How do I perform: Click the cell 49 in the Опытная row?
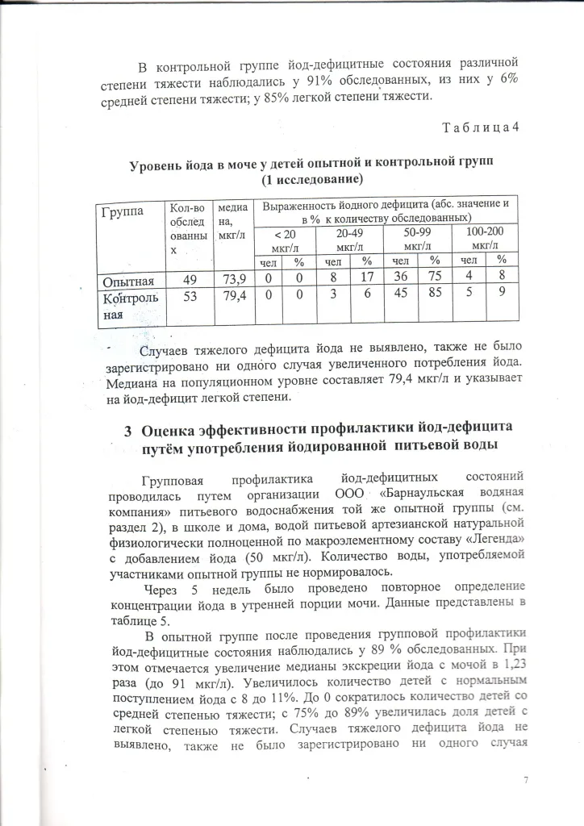(190, 280)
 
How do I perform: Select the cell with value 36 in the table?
(398, 280)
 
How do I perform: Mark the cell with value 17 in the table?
(365, 280)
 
